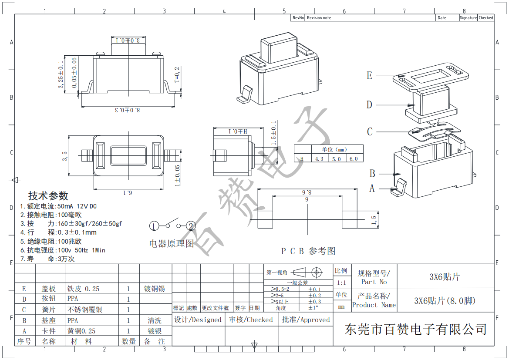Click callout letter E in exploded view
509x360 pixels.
(x=369, y=76)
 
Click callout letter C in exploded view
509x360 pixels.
(x=370, y=131)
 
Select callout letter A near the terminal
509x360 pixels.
(x=372, y=188)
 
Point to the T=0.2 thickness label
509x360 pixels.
(x=177, y=75)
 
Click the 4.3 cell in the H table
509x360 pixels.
(x=319, y=159)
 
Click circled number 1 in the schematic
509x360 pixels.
(x=154, y=226)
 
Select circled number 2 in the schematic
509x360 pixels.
(x=191, y=226)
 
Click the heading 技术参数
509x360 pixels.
(x=48, y=195)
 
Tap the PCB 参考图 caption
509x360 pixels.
(x=308, y=251)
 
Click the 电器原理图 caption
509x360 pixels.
(x=172, y=244)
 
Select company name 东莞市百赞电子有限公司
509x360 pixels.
(x=415, y=329)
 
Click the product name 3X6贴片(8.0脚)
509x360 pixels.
(x=445, y=301)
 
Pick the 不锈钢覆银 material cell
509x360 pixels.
(x=85, y=310)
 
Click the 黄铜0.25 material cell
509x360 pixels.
(x=81, y=331)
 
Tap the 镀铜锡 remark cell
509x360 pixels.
(x=155, y=289)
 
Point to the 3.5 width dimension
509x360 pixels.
(x=65, y=156)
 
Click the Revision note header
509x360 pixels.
(x=319, y=18)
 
